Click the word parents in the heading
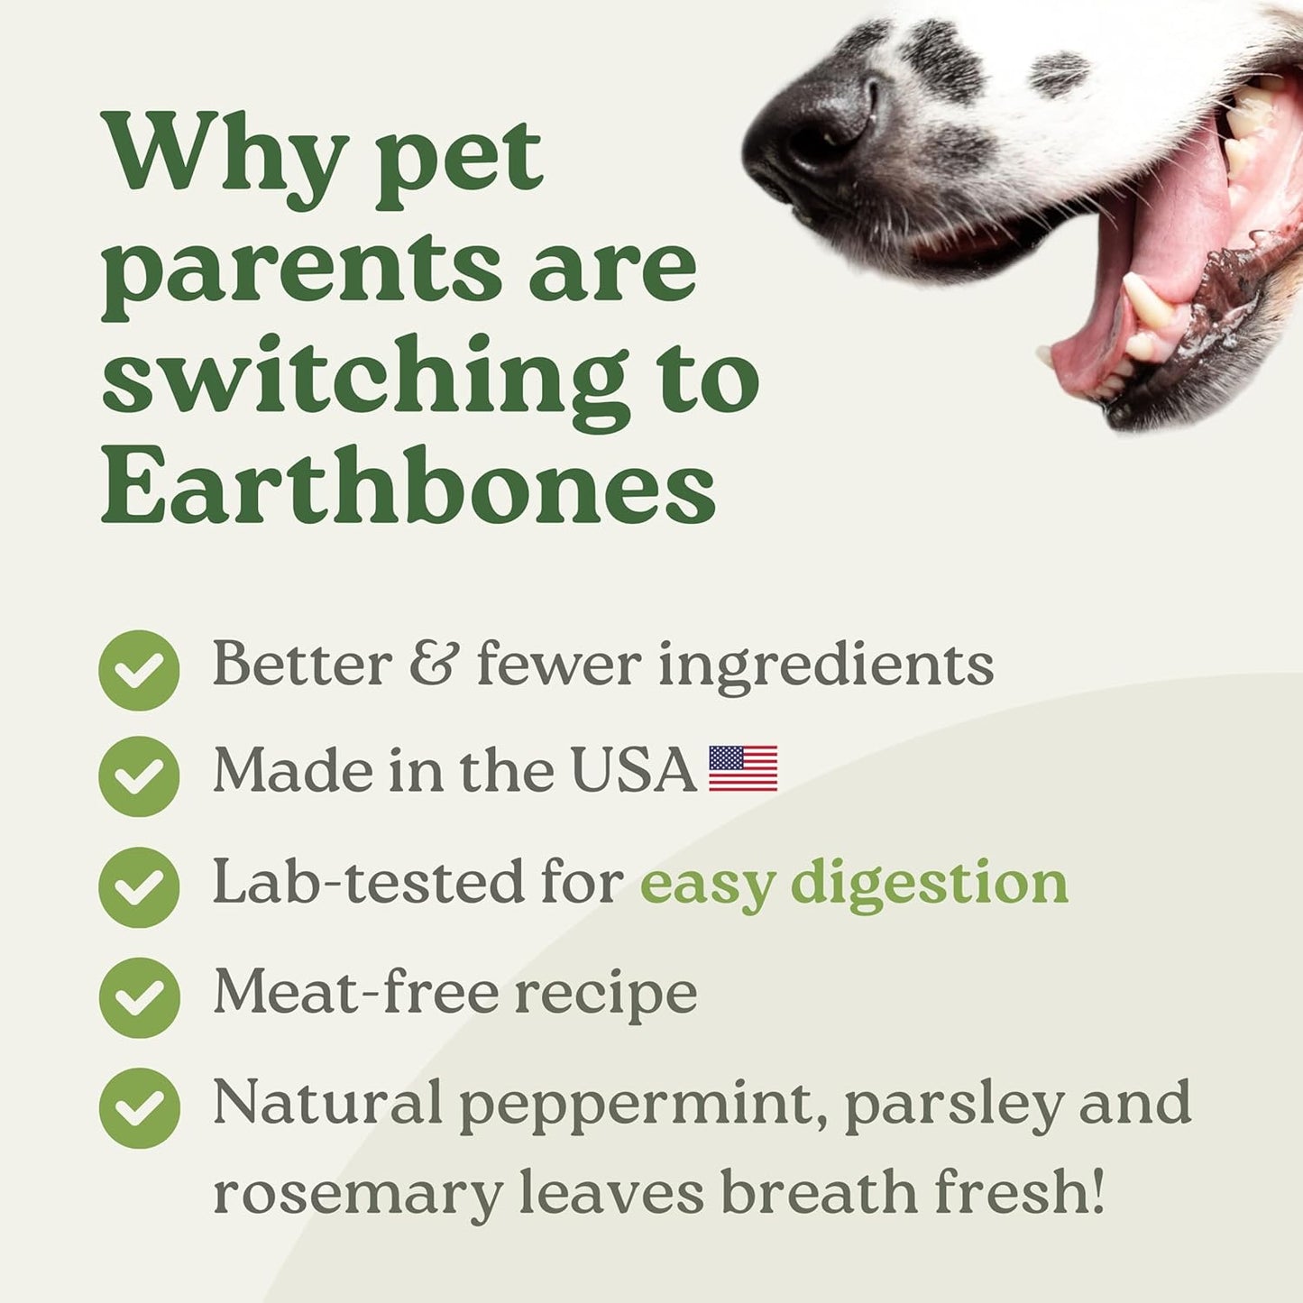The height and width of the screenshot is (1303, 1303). (x=301, y=269)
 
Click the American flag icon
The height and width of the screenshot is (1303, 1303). (x=743, y=769)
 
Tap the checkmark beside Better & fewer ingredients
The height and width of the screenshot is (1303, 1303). (x=139, y=670)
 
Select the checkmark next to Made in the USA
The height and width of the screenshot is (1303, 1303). (x=139, y=776)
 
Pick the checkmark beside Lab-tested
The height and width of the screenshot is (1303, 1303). (x=139, y=887)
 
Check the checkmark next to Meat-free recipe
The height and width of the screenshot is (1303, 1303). (x=139, y=997)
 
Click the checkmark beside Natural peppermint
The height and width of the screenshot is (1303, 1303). (x=139, y=1107)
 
